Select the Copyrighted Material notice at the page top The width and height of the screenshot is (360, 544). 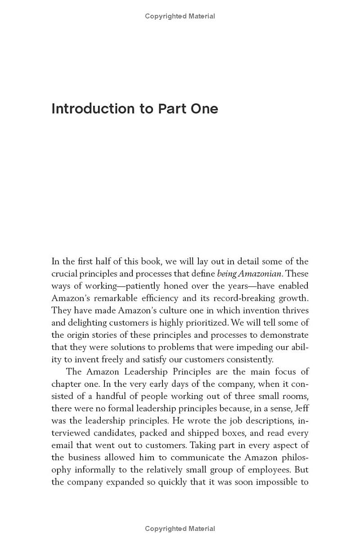[x=180, y=16]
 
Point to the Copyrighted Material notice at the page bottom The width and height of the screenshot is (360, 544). [x=180, y=529]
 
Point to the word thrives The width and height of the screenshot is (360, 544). [x=296, y=310]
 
